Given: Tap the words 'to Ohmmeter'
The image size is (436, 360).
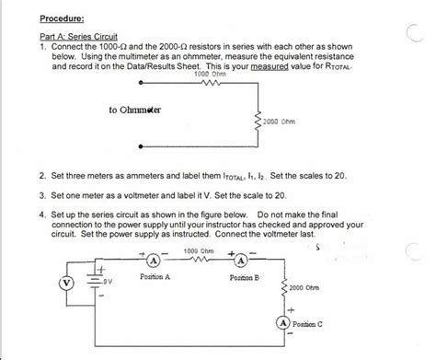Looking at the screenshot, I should [x=135, y=110].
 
